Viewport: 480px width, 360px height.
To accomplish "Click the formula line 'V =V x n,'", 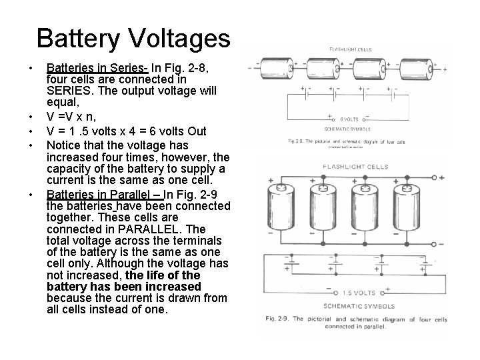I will point(73,117).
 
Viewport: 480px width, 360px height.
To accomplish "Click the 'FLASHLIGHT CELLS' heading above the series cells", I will point(350,49).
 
